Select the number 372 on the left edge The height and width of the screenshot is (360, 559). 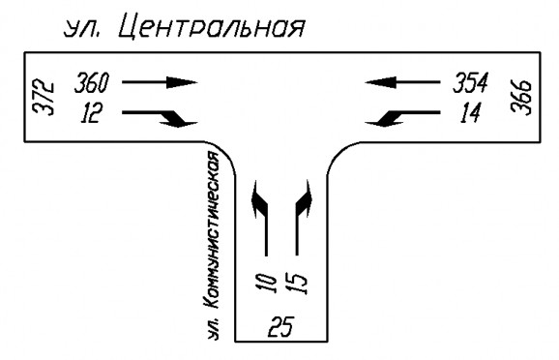(44, 98)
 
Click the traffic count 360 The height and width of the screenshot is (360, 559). (92, 82)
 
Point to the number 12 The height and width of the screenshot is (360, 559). (91, 113)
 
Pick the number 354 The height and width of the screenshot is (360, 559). (470, 82)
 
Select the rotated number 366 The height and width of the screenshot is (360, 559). (521, 97)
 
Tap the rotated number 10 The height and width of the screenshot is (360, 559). (266, 284)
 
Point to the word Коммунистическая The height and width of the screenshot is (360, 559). (212, 230)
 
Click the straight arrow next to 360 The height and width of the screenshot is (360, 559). (160, 82)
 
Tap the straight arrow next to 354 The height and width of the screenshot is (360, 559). (402, 82)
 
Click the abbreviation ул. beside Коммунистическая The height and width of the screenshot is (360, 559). (213, 330)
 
